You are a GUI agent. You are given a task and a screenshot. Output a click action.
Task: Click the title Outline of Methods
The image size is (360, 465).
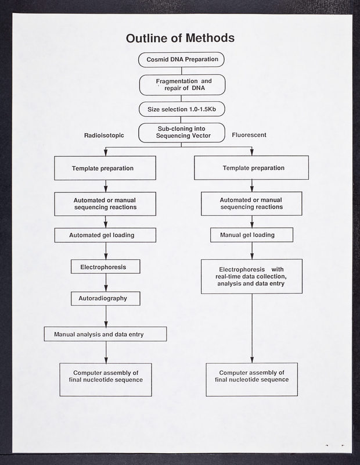click(180, 38)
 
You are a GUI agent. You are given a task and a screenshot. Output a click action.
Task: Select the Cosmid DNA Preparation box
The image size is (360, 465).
click(181, 60)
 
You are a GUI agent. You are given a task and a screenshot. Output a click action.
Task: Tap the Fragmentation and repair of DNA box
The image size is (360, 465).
click(181, 84)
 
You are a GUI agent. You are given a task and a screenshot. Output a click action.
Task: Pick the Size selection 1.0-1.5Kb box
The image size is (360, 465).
click(181, 109)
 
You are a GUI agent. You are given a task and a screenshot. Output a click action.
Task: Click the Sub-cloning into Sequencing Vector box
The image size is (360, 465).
click(181, 132)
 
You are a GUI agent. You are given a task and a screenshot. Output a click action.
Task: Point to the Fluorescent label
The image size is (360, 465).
click(249, 135)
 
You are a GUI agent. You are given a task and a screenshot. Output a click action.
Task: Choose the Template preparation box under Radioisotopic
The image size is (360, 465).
click(105, 168)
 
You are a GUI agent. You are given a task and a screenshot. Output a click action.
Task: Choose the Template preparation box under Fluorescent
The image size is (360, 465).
click(251, 168)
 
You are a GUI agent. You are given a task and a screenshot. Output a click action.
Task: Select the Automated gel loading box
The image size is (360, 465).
click(105, 235)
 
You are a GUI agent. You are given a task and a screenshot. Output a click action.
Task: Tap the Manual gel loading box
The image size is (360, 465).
click(251, 235)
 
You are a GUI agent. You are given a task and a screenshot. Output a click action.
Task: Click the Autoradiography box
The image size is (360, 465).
click(106, 298)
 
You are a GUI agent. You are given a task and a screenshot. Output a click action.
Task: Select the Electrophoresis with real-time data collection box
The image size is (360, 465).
click(251, 276)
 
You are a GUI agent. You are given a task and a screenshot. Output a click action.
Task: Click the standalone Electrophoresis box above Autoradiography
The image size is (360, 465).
click(106, 267)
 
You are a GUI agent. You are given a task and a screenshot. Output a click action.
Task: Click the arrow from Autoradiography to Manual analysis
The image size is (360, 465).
click(106, 316)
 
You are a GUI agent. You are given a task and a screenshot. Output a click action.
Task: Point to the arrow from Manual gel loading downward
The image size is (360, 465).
click(251, 251)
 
